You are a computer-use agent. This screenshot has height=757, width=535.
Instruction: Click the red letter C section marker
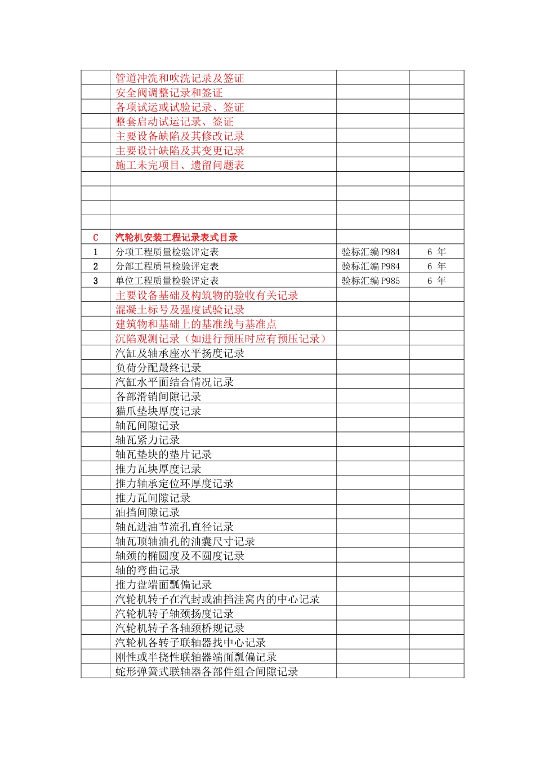click(95, 238)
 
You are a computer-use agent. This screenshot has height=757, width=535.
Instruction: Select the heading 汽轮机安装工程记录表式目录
click(176, 238)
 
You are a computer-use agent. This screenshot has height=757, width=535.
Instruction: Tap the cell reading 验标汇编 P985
click(371, 281)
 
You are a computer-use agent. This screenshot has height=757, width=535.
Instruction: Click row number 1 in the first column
click(95, 252)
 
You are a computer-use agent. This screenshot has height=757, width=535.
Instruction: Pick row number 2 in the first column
click(95, 266)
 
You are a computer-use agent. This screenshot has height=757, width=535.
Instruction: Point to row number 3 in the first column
click(95, 281)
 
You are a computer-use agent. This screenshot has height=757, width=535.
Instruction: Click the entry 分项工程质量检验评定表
click(167, 252)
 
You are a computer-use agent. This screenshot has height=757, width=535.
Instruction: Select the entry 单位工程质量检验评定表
click(167, 281)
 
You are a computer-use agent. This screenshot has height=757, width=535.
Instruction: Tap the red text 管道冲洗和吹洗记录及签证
click(180, 78)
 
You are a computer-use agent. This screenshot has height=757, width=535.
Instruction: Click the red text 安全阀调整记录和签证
click(169, 93)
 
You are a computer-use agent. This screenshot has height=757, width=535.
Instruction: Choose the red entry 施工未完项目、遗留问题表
click(180, 165)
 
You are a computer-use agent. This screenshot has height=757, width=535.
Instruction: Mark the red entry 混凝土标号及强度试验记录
click(180, 310)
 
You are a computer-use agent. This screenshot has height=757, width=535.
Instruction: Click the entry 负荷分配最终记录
click(158, 368)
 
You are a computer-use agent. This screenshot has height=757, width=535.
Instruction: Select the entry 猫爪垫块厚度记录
click(158, 411)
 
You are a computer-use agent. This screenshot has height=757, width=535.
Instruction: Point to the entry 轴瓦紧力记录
click(148, 440)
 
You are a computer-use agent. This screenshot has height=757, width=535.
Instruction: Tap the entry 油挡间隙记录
click(148, 513)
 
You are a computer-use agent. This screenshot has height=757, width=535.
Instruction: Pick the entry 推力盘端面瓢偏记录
click(163, 585)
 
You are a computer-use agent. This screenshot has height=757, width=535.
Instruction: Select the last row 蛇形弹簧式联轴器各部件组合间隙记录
click(207, 671)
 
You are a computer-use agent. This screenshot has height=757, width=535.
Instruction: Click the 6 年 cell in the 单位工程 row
click(436, 281)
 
